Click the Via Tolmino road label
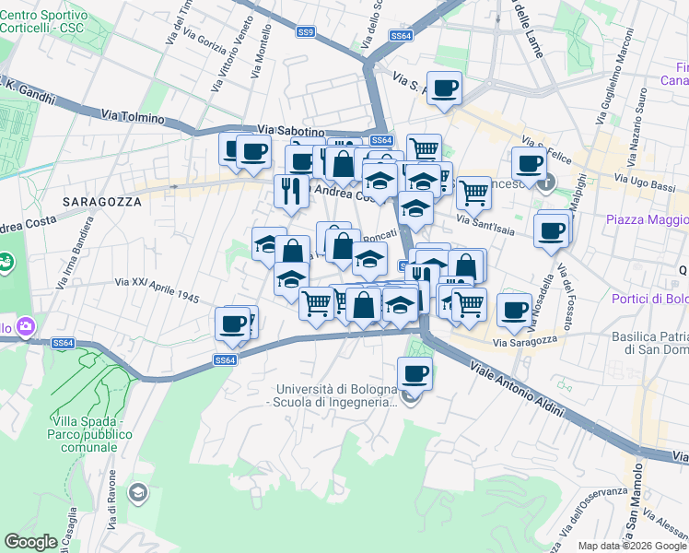click(133, 118)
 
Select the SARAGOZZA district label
click(102, 201)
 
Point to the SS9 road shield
click(305, 32)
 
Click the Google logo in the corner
click(30, 542)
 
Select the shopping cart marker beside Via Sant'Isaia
click(473, 193)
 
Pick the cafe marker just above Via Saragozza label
click(514, 310)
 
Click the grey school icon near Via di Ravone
click(138, 492)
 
